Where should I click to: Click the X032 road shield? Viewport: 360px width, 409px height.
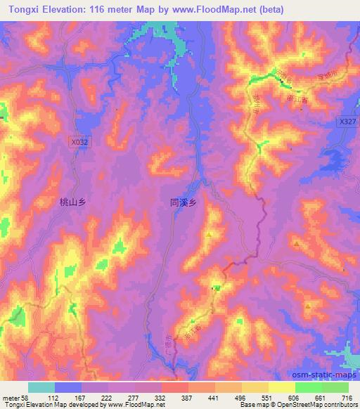80,141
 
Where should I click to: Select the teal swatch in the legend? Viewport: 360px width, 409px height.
41,387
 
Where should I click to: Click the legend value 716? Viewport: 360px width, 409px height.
347,397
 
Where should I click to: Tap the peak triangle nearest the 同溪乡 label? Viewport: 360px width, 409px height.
209,234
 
